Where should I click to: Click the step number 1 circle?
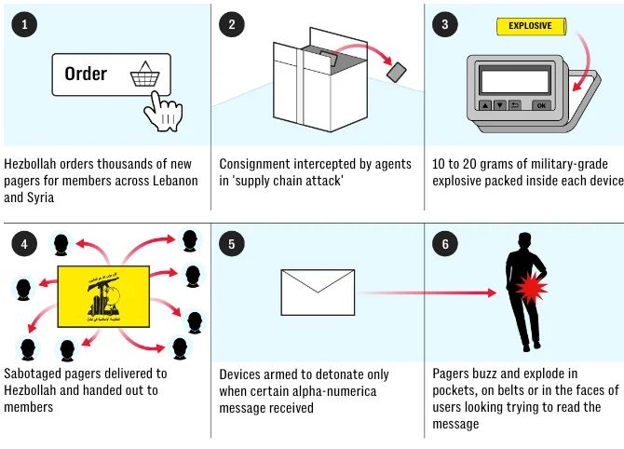(x=24, y=24)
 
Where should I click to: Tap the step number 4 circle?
(x=24, y=244)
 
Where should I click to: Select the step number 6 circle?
(x=445, y=244)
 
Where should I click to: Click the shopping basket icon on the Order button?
(x=145, y=74)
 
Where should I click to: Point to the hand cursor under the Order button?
(x=163, y=112)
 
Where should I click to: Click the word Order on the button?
(x=86, y=74)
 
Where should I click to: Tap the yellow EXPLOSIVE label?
(x=531, y=26)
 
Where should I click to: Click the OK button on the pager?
(x=542, y=105)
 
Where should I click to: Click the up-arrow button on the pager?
(x=485, y=105)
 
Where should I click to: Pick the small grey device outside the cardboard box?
(x=397, y=73)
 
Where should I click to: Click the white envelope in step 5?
(x=318, y=293)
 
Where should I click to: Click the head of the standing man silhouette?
(x=524, y=240)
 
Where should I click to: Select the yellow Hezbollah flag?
(x=103, y=296)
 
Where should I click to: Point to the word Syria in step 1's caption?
(x=41, y=197)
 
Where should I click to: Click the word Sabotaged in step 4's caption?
(x=33, y=374)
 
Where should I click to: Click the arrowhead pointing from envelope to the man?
(x=490, y=293)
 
